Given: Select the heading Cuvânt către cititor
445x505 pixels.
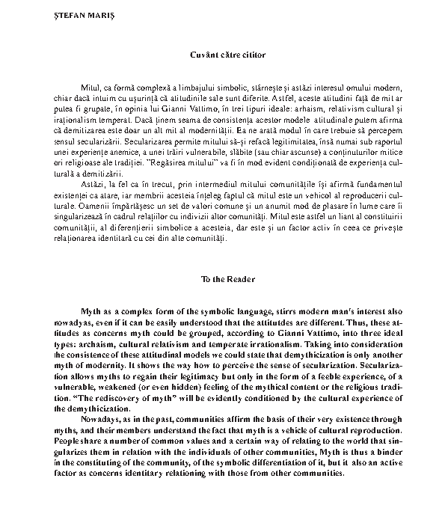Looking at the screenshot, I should click(x=223, y=54).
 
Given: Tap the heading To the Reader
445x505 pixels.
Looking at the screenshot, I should click(x=222, y=279).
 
